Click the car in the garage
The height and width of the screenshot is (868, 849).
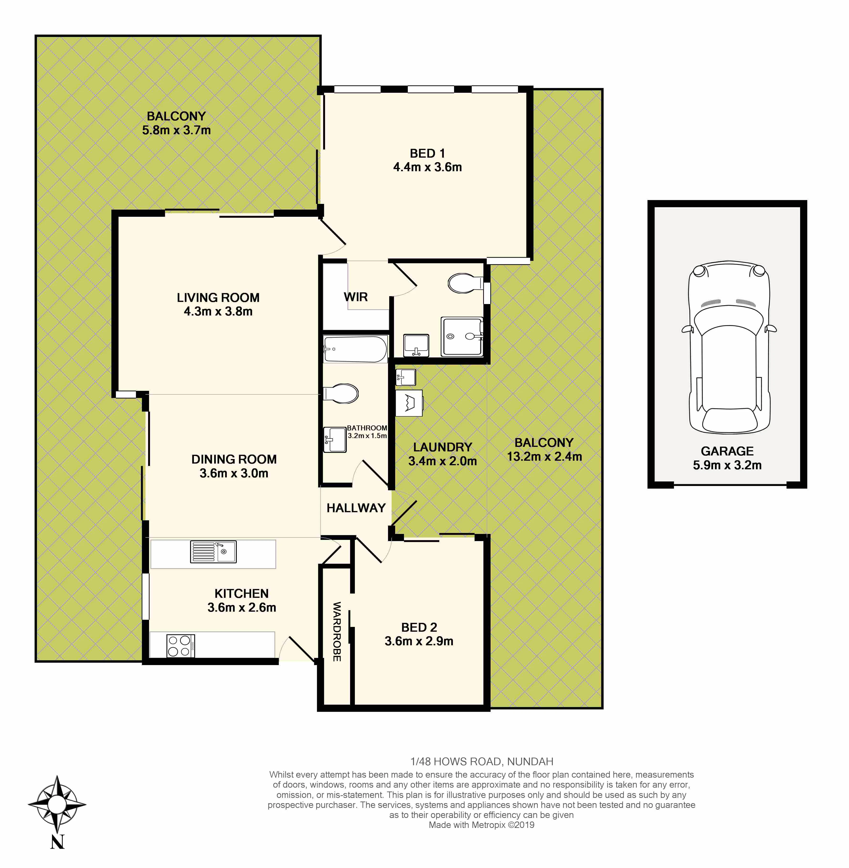(729, 348)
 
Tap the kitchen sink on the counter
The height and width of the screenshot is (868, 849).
(213, 552)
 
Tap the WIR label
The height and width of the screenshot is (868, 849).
(355, 297)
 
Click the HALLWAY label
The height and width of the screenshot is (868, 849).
(356, 508)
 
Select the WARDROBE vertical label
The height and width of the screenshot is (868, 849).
(337, 631)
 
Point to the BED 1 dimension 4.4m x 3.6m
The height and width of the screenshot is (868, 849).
(427, 167)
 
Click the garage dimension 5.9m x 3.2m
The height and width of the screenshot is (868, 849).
(727, 465)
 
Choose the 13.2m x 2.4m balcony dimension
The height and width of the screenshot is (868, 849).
(544, 456)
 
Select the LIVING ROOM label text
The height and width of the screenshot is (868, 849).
(218, 297)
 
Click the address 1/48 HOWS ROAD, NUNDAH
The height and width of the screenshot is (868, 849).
(481, 762)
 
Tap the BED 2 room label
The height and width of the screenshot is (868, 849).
(419, 627)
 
